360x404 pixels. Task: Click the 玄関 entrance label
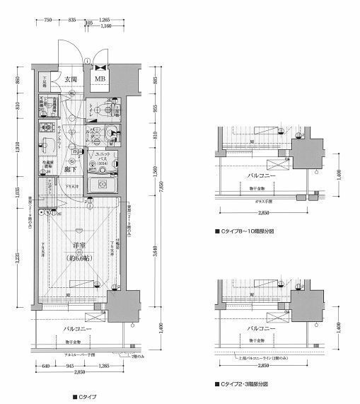71,79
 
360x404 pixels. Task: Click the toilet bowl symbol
104,112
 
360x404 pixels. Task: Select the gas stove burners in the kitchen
47,127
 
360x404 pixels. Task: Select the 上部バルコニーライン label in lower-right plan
262,359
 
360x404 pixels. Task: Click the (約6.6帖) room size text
79,258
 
